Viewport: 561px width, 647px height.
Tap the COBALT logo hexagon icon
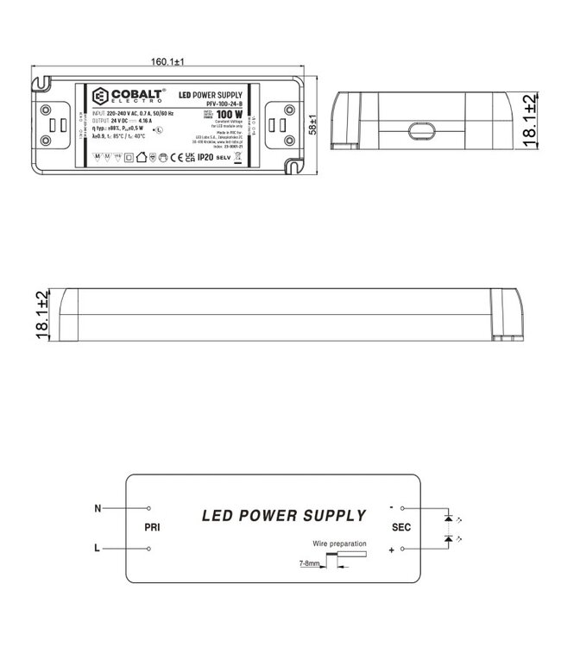98,94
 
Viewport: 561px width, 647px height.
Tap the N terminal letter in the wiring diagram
97,509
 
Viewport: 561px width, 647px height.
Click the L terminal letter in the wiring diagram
97,549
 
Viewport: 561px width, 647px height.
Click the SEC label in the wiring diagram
402,526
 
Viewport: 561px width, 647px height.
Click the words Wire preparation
341,544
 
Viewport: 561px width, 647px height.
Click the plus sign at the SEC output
392,550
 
